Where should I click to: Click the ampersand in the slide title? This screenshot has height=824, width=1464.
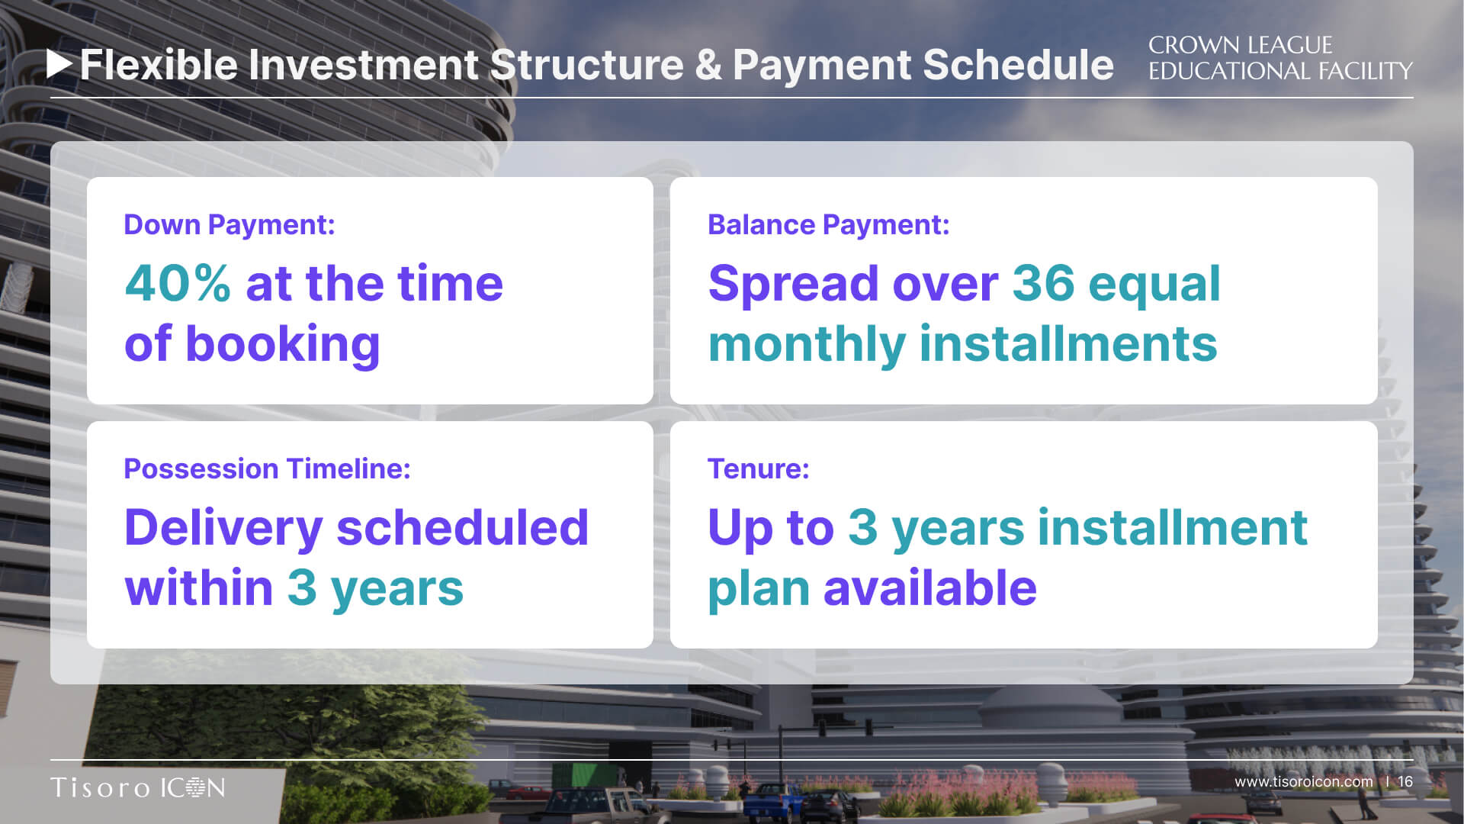point(708,65)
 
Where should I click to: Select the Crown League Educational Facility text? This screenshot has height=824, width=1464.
point(1280,58)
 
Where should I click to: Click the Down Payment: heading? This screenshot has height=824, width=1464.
point(230,224)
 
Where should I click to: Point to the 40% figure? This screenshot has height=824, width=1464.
point(178,283)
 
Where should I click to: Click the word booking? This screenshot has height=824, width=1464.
point(282,345)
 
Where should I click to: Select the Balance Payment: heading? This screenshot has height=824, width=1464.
point(829,224)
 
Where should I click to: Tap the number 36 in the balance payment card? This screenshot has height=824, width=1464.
point(1043,283)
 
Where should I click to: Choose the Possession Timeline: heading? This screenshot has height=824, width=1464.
point(267,468)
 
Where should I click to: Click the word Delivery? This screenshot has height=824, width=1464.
point(224,528)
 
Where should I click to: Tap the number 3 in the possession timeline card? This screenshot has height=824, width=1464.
point(302,588)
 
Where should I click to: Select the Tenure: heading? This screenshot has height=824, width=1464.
point(759,468)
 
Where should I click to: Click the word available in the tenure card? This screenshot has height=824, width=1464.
point(930,587)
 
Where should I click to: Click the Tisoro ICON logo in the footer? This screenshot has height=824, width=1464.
point(138,787)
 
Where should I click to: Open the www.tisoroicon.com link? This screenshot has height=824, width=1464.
point(1304,781)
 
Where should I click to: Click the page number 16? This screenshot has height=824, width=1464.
point(1405,781)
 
